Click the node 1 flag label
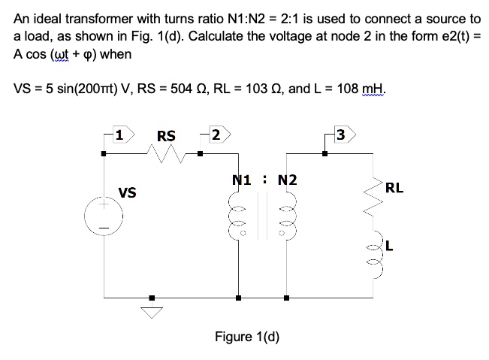click(x=118, y=136)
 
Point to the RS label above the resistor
click(x=166, y=136)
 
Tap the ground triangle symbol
click(x=152, y=311)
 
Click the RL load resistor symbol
click(x=373, y=198)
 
